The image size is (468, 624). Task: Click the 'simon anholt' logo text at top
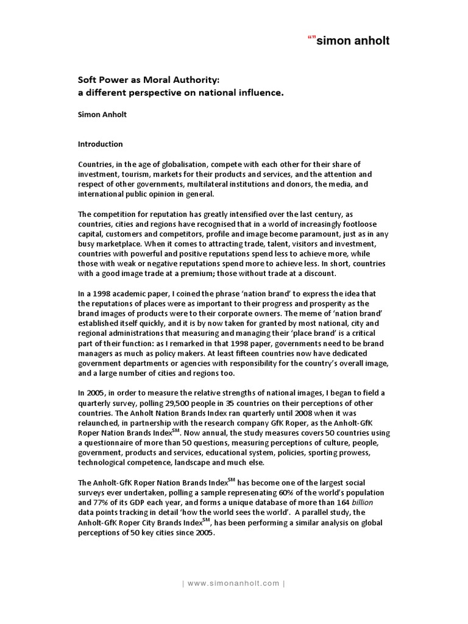(352, 41)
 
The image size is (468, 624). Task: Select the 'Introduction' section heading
(101, 144)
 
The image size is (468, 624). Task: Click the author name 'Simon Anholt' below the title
(101, 114)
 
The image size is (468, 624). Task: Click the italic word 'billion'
(355, 502)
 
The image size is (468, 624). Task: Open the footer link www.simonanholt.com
(233, 583)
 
